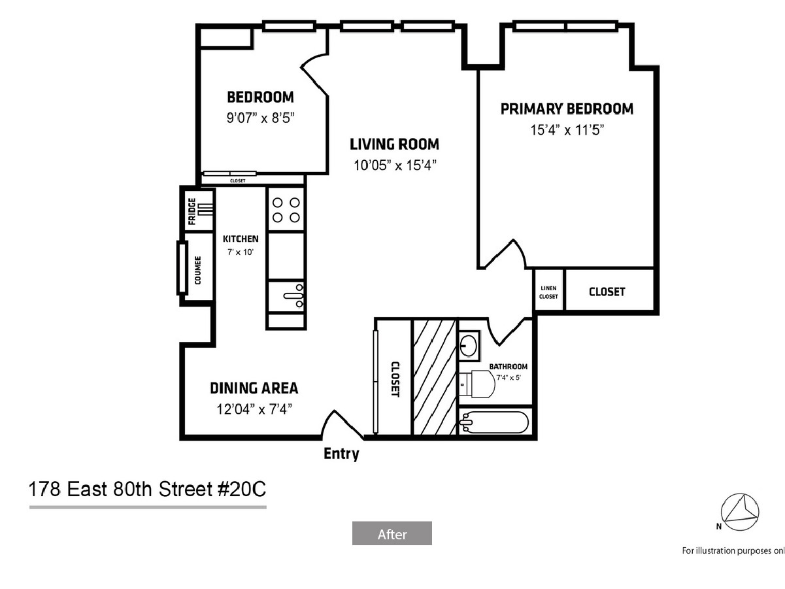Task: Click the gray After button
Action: tap(392, 533)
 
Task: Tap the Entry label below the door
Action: tap(341, 454)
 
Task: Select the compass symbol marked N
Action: tap(739, 512)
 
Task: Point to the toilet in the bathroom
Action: tap(477, 384)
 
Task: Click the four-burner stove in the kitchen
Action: tap(286, 210)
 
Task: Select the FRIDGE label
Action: tap(192, 211)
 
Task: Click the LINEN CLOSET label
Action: tap(548, 292)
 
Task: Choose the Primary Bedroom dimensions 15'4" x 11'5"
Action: tap(567, 130)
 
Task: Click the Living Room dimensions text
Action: tap(395, 165)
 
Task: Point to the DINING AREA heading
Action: tap(254, 388)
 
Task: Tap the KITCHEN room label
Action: tap(241, 239)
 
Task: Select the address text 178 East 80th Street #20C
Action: tap(147, 489)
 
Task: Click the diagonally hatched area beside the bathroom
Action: tap(434, 377)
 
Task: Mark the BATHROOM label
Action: tap(508, 367)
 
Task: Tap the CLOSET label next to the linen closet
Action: tap(607, 292)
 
